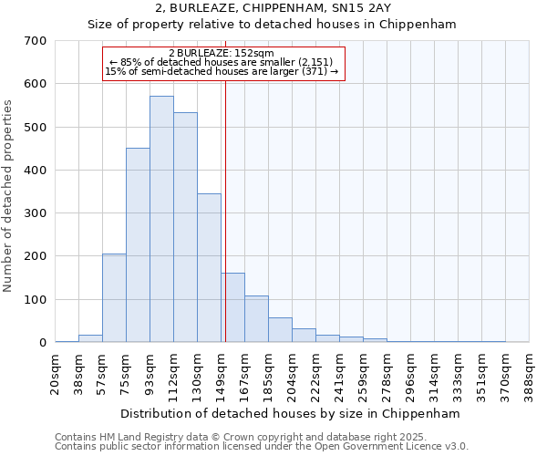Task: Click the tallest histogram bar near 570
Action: tap(161, 219)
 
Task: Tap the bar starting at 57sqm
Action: tap(114, 297)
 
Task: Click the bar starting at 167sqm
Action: tap(256, 318)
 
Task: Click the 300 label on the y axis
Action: tap(36, 213)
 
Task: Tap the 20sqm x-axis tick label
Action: tap(56, 374)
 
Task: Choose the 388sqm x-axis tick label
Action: tap(530, 374)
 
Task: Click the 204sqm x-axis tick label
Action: tap(293, 374)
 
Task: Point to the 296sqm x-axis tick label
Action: tap(411, 374)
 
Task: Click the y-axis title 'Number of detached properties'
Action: tap(9, 196)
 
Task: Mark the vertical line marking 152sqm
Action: tap(225, 210)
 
